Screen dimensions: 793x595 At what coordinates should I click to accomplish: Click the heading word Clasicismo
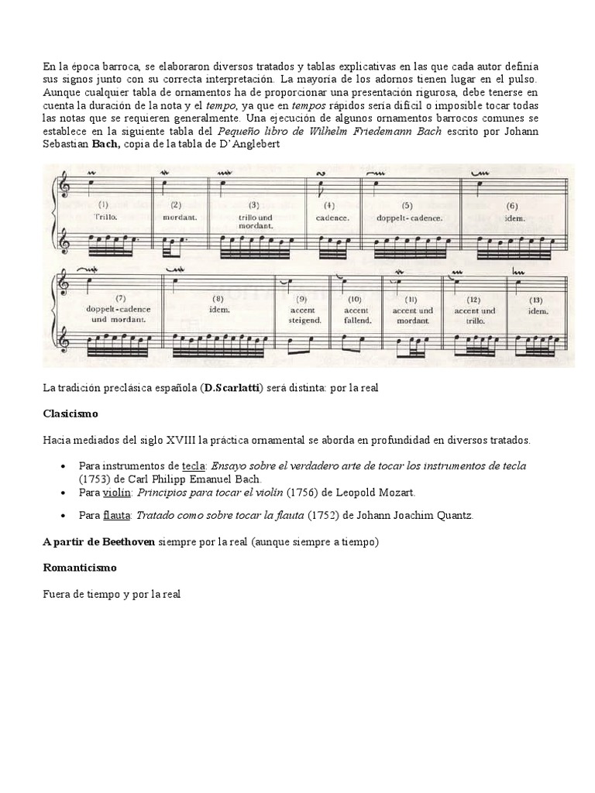point(71,414)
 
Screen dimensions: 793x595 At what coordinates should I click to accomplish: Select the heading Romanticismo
point(80,568)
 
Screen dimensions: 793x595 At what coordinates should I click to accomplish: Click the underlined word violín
point(118,492)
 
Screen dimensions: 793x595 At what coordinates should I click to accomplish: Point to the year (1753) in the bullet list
point(95,479)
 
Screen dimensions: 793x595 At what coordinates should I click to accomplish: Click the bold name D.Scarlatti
point(231,387)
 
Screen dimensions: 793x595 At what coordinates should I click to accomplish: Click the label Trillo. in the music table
point(105,218)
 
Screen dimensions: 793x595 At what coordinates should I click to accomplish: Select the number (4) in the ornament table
point(329,206)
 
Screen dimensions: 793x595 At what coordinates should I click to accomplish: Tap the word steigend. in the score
point(303,320)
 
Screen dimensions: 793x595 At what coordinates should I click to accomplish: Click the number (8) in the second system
point(218,297)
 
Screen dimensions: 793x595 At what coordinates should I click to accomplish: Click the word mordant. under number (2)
point(180,218)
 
